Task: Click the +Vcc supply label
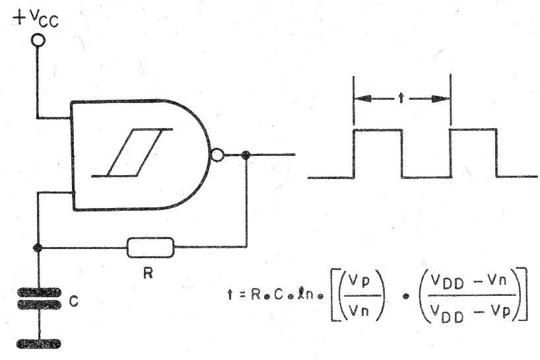35,19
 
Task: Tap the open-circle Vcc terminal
38,40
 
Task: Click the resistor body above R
151,247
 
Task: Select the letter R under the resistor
148,273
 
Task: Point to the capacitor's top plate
39,293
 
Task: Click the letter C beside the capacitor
73,301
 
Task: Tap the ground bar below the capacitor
39,343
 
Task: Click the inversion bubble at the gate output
217,155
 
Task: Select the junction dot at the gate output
246,155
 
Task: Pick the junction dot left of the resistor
38,247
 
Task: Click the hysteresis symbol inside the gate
132,153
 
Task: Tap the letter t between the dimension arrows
401,98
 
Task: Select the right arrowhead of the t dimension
441,99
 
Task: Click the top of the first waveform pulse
378,130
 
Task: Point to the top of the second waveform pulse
473,129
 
